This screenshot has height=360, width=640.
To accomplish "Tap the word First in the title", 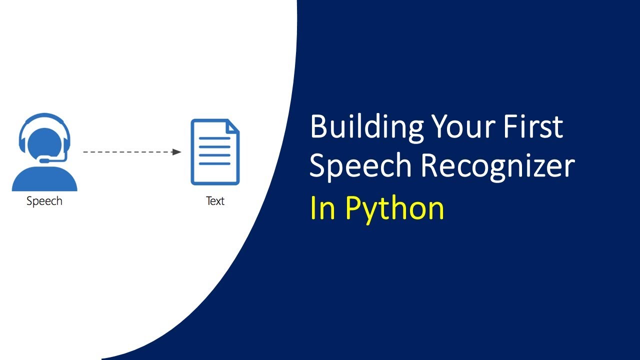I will (535, 127).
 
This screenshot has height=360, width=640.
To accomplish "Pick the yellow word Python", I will (394, 208).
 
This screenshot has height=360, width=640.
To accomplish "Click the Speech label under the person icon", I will (44, 201).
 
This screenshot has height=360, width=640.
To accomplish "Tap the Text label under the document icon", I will (215, 201).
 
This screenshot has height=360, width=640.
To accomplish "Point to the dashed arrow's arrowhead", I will (176, 151).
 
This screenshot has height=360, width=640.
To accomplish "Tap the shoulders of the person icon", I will (44, 180).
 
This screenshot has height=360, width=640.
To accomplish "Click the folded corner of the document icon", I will (233, 125).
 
